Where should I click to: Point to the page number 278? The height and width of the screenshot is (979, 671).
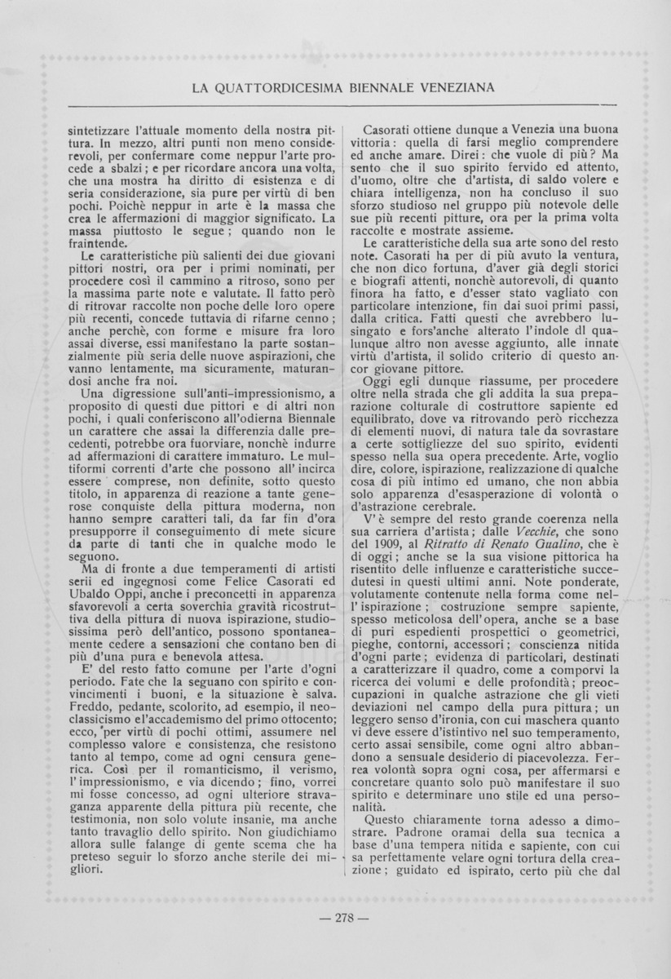[343, 919]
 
